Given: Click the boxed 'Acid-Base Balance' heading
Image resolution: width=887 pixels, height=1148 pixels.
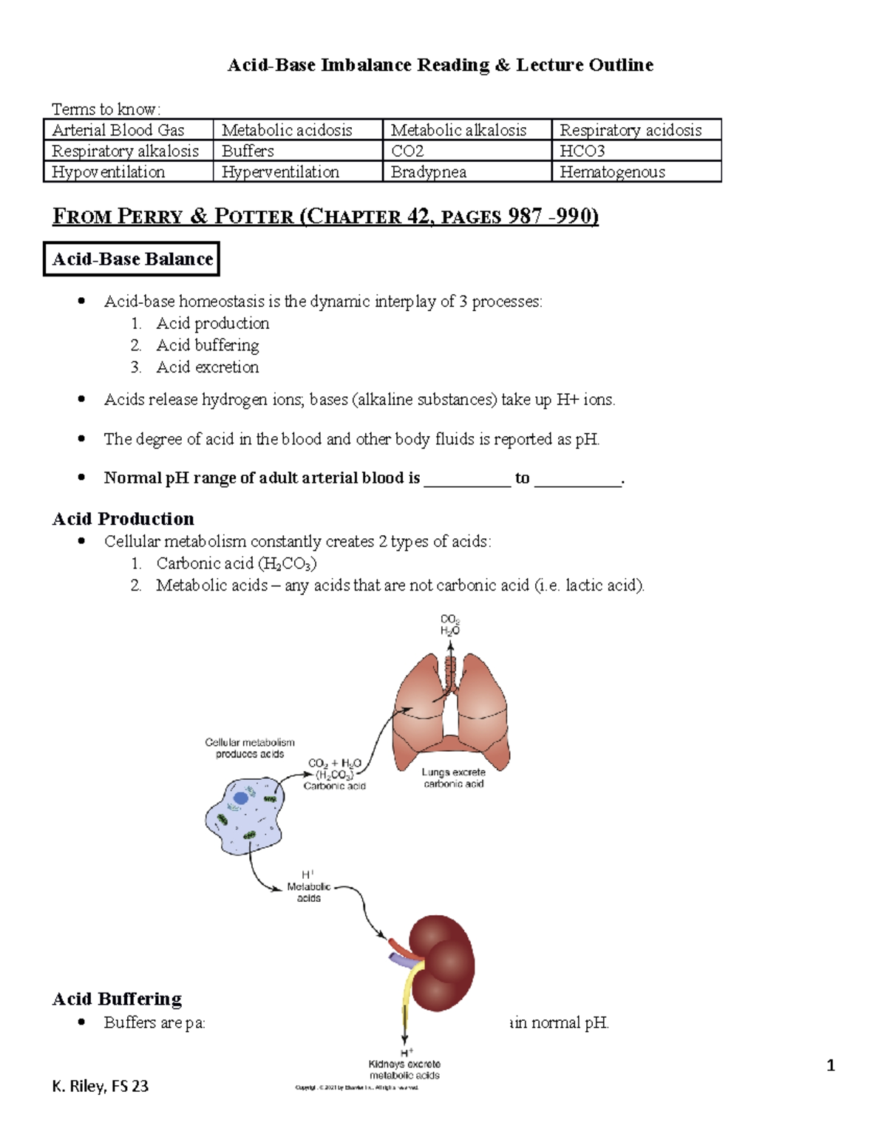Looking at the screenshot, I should (132, 259).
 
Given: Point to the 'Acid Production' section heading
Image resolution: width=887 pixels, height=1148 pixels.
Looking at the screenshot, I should (123, 519).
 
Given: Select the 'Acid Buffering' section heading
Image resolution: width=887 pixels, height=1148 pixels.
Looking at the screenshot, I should (117, 999).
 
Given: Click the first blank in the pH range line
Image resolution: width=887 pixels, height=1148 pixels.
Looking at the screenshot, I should (467, 479).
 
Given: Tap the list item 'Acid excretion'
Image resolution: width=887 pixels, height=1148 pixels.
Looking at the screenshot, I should (207, 367).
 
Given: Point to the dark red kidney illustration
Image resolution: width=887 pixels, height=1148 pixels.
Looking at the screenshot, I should (441, 963).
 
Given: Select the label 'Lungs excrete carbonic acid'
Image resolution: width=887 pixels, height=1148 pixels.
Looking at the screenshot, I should (454, 778).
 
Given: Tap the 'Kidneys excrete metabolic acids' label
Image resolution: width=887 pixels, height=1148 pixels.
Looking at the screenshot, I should (404, 1070).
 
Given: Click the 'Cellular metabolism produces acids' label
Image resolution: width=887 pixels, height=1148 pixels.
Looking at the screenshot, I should (250, 748).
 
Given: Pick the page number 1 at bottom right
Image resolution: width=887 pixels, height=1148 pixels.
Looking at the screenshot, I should (831, 1065).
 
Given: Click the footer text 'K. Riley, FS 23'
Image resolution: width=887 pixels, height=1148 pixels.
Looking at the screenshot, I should (101, 1086).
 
